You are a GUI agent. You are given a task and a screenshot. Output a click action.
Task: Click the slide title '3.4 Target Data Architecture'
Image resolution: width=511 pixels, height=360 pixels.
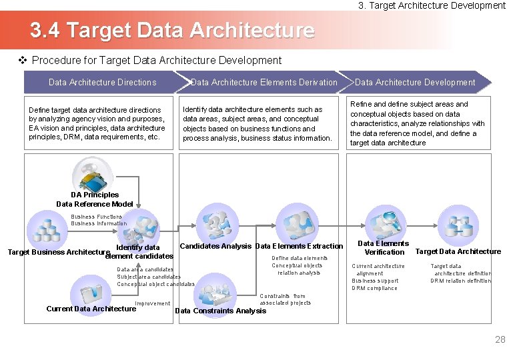pos(171,31)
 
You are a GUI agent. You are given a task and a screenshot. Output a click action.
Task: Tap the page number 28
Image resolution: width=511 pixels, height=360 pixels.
pos(500,340)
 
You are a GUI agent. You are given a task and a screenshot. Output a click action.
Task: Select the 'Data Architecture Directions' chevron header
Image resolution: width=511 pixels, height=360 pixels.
pos(103,83)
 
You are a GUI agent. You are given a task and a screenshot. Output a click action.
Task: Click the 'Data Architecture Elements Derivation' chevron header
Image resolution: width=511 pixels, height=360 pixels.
pos(264,83)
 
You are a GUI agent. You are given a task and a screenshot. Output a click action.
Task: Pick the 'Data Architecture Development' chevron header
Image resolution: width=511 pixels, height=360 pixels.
pos(415,83)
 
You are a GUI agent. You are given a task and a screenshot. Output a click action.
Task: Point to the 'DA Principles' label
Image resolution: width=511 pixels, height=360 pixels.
pos(95,195)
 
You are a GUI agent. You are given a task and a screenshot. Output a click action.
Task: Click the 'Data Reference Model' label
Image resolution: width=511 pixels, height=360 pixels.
pos(95,204)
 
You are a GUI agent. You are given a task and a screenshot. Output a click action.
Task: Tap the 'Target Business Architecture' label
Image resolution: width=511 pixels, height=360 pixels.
pos(58,253)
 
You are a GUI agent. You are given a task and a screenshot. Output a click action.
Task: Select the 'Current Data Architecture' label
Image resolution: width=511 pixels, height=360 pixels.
pos(91,309)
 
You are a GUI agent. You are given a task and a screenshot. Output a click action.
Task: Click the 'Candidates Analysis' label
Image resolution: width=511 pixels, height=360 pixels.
pos(215,247)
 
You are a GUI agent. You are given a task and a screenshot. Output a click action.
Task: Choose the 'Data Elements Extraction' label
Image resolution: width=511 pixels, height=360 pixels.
pos(299,247)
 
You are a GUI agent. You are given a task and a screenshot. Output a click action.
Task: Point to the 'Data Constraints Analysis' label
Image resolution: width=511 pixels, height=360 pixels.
pos(220,311)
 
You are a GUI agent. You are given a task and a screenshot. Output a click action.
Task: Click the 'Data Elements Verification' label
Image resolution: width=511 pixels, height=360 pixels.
pos(384,248)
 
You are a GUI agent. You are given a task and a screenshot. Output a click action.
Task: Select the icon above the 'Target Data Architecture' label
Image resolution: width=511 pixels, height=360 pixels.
pos(460,227)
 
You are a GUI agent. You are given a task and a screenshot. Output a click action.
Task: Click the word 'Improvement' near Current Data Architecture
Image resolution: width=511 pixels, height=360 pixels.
pos(153,304)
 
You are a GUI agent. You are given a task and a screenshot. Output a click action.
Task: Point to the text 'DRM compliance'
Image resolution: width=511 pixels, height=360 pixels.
pos(374,289)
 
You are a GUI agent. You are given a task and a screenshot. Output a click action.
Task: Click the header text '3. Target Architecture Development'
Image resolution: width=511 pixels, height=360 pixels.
pos(432,5)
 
